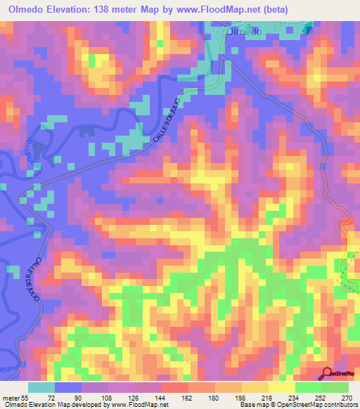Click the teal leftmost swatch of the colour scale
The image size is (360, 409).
(41, 387)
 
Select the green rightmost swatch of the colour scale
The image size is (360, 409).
(335, 387)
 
